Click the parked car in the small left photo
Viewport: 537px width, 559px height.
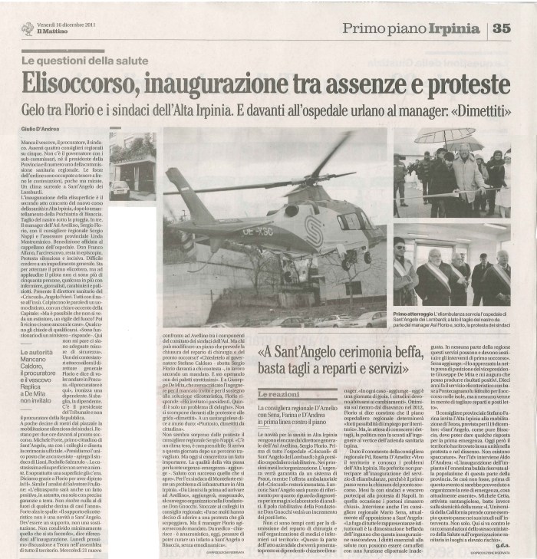tap(120, 188)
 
